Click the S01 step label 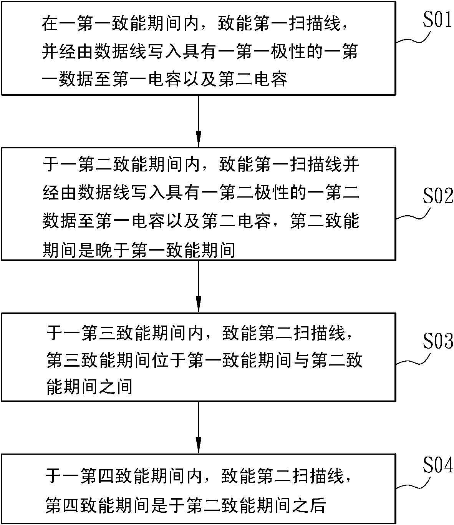(x=437, y=19)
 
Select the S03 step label (x=438, y=341)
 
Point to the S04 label (x=438, y=465)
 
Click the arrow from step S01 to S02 (x=199, y=121)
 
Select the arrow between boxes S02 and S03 (x=199, y=286)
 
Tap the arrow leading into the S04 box (x=199, y=427)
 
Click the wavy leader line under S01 (x=413, y=38)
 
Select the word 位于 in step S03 (x=169, y=360)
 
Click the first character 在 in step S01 (x=50, y=23)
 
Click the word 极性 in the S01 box (x=288, y=51)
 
